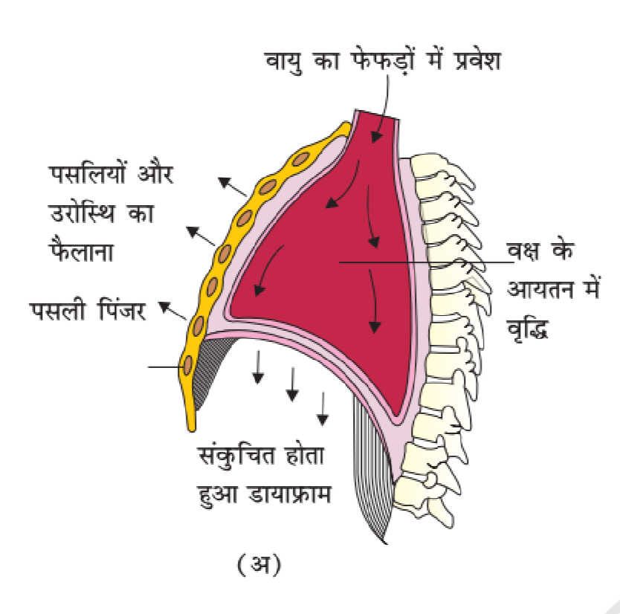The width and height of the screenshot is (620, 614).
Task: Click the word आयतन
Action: coord(529,289)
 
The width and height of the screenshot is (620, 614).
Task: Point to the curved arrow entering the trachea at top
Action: coord(384,112)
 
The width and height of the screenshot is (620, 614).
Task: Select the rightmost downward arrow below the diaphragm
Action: coord(323,409)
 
